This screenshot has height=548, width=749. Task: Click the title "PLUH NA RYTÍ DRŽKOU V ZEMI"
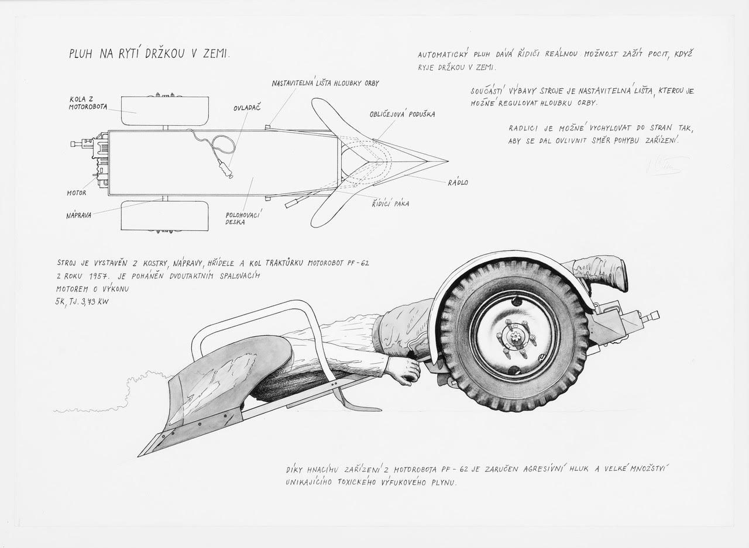149,53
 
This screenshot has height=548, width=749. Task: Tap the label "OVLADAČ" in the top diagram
247,108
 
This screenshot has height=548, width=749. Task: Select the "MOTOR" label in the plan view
77,193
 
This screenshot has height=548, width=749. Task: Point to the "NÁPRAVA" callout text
78,215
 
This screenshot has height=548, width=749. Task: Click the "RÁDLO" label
458,182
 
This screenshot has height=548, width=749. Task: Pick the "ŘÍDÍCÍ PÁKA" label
390,204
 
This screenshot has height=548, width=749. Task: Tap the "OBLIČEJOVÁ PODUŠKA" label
402,114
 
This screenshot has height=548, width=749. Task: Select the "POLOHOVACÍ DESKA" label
243,219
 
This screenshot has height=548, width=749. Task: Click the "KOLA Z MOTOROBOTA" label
88,104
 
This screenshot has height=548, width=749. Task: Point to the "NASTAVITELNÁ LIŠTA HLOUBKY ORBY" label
325,83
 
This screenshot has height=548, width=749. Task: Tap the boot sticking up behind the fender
601,273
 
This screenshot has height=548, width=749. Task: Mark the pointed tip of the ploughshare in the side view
139,456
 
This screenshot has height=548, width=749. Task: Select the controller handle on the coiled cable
225,169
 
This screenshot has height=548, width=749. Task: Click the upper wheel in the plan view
165,111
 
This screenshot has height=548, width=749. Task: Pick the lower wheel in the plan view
165,216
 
